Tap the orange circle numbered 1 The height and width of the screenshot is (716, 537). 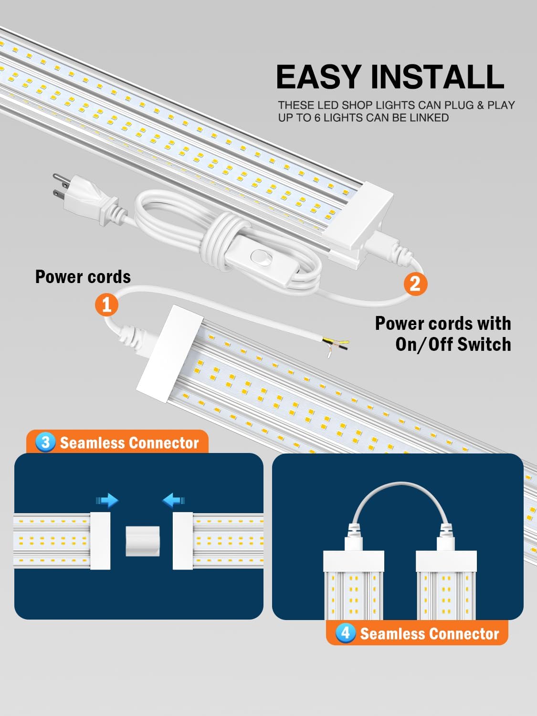106,304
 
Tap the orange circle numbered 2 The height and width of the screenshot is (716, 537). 415,284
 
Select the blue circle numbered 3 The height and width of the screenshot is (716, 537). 45,442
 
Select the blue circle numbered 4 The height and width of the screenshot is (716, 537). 346,633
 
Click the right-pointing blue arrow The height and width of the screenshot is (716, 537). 107,500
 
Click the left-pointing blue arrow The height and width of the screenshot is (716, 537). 173,500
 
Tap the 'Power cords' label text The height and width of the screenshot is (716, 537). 83,277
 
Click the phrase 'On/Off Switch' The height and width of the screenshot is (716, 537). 453,344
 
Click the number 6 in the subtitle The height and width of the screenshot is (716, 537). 317,117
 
